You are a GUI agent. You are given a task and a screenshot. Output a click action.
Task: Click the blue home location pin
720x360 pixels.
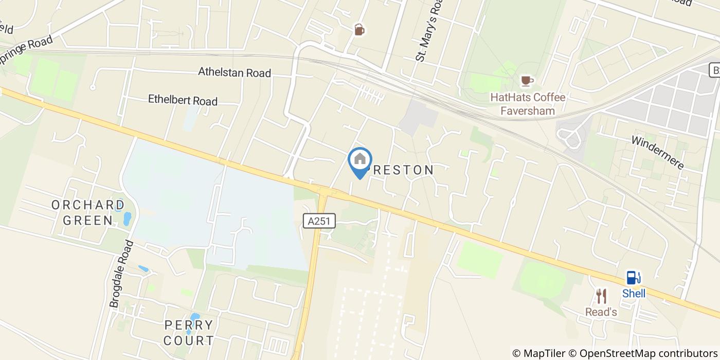(360, 160)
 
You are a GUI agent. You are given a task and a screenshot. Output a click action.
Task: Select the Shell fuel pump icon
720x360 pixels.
(633, 278)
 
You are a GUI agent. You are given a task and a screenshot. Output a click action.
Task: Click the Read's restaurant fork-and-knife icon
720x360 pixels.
(601, 296)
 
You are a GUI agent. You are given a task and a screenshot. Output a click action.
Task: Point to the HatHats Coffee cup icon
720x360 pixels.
(527, 80)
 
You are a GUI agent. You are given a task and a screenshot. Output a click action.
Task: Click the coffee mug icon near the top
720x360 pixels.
(359, 30)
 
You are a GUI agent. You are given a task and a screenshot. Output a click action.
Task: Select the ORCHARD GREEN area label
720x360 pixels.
(88, 212)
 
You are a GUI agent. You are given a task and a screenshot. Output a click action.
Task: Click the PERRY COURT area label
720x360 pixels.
(189, 332)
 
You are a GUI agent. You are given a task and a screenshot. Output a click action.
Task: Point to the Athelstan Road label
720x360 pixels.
(235, 73)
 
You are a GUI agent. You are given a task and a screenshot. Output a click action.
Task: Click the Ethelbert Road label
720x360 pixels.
(183, 100)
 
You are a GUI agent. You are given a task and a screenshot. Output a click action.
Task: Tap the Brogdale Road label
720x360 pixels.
(122, 274)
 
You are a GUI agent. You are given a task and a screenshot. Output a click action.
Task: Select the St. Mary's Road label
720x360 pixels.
(429, 31)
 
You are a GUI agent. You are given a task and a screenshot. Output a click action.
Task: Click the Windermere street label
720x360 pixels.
(658, 152)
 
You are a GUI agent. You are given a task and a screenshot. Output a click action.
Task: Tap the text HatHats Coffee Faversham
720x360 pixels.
(528, 103)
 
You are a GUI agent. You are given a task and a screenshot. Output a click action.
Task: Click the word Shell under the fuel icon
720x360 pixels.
(634, 294)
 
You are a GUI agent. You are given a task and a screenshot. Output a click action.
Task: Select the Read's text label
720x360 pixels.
(601, 312)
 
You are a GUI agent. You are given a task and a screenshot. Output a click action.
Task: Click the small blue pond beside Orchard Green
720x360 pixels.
(127, 219)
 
